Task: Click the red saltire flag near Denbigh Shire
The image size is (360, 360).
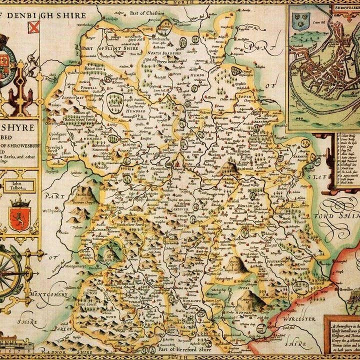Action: pyautogui.click(x=33, y=26)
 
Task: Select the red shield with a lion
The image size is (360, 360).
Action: pyautogui.click(x=19, y=218)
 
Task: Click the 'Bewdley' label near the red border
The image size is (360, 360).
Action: pyautogui.click(x=345, y=289)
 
